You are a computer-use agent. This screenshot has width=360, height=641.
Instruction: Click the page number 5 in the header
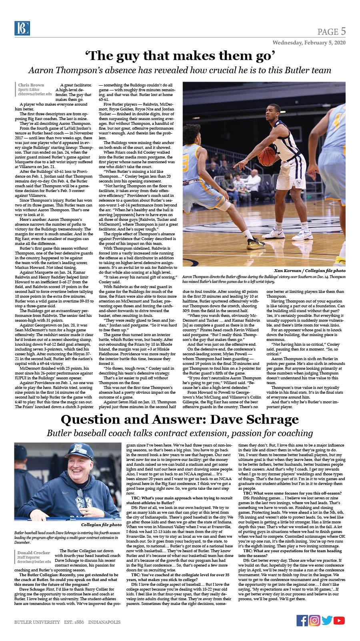pos(343,32)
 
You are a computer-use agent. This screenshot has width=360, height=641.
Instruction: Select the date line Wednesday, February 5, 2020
pos(309,42)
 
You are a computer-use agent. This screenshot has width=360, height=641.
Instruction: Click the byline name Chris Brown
pos(31,85)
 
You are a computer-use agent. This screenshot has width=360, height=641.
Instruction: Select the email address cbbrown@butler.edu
pos(35,94)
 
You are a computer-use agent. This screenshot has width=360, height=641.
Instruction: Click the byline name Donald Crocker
pos(34,553)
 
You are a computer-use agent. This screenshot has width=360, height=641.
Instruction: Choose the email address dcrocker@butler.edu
pos(34,562)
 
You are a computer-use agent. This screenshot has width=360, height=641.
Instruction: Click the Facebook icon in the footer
pos(302,620)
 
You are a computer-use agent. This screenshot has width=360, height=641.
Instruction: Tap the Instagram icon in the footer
pos(315,620)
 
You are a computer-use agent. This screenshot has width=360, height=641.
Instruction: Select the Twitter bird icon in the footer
pos(327,620)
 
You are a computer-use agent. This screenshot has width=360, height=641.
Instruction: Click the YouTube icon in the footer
pos(339,620)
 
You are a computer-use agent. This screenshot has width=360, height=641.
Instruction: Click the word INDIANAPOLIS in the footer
pos(104,622)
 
